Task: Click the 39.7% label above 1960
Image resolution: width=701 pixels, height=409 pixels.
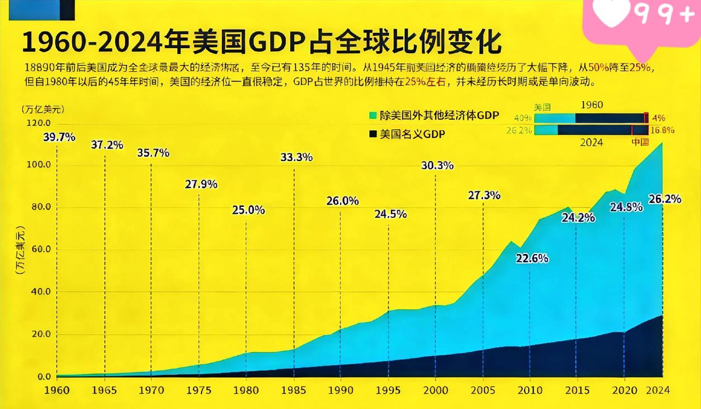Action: (x=59, y=137)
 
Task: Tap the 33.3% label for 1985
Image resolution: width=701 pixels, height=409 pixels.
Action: (x=296, y=157)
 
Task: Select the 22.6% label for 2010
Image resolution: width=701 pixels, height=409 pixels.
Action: (x=532, y=258)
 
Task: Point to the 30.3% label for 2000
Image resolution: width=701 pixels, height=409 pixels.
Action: (x=437, y=165)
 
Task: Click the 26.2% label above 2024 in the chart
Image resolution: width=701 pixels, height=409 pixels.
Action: (x=665, y=199)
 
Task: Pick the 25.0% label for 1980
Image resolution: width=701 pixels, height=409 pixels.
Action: (x=249, y=210)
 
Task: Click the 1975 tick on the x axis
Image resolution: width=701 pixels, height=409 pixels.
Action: (x=199, y=391)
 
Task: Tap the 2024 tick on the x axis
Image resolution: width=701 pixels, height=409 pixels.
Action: (x=662, y=391)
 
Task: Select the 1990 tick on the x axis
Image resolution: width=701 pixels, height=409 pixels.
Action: (x=341, y=391)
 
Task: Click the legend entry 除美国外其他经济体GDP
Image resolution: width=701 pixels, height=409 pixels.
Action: (x=434, y=115)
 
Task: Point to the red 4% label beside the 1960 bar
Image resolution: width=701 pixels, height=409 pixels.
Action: (x=658, y=117)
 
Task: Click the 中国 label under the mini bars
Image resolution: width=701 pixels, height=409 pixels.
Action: (x=640, y=142)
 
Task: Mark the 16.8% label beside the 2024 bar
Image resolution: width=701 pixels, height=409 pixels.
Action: (x=663, y=130)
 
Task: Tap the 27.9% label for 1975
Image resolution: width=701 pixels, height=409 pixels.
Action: (x=201, y=185)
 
